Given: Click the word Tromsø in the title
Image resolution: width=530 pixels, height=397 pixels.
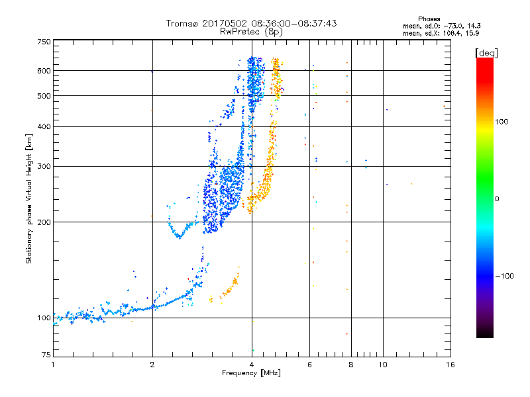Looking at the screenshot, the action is [x=183, y=23].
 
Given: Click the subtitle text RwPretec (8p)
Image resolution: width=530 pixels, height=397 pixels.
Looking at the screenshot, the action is [x=251, y=32].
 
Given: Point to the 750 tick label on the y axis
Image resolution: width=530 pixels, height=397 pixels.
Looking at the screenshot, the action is [x=44, y=42].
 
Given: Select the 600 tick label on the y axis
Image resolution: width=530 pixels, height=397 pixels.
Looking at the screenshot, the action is [x=44, y=71].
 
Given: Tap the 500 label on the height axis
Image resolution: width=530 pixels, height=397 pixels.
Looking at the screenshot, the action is [x=44, y=96].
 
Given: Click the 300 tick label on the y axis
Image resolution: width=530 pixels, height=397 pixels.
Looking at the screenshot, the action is [x=44, y=167].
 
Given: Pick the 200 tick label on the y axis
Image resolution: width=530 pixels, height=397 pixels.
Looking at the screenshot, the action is [x=44, y=222].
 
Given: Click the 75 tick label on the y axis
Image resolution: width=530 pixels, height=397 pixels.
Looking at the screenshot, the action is [x=46, y=355].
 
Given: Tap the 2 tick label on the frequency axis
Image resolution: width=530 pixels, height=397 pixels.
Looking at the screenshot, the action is [x=152, y=365].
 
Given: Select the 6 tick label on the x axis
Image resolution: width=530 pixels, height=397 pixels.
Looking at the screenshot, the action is [x=309, y=365].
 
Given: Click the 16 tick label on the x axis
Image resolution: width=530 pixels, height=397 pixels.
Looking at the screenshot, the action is [x=450, y=365].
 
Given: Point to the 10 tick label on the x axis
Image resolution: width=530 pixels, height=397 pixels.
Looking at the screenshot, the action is [x=383, y=365].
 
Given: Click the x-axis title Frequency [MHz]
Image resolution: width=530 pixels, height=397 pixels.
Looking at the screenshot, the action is [x=251, y=373].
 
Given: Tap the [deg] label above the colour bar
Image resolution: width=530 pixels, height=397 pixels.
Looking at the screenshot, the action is [x=486, y=53].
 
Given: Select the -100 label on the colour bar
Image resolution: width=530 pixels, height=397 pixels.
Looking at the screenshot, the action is [x=504, y=276].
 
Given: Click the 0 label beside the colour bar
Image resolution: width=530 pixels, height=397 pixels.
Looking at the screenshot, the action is [x=497, y=199].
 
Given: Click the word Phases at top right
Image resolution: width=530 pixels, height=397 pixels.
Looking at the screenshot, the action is [x=429, y=19].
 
